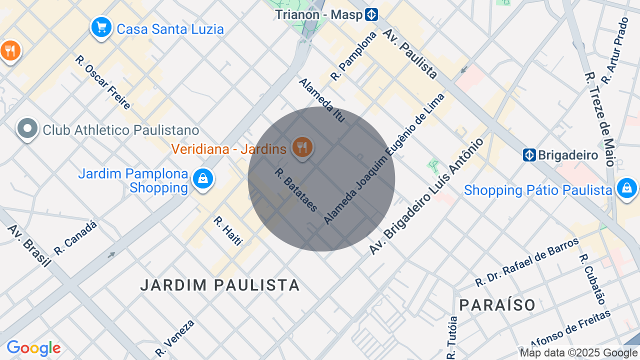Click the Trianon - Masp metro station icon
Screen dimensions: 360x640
click(371, 14)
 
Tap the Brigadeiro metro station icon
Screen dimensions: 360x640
click(529, 155)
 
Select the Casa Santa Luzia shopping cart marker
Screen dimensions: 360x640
click(101, 27)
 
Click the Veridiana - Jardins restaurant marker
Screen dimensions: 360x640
click(302, 147)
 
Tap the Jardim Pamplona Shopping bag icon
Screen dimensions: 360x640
click(203, 178)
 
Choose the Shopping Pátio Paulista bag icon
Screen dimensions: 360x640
click(627, 188)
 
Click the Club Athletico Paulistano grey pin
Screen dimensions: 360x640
click(27, 129)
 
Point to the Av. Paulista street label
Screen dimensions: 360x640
click(410, 53)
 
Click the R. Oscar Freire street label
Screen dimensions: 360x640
click(103, 82)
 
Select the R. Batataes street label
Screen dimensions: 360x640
click(296, 189)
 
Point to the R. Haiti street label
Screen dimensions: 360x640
click(228, 231)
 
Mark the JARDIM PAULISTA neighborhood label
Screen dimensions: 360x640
click(220, 285)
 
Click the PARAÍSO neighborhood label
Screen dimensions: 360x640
click(497, 304)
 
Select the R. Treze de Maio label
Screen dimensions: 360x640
click(599, 119)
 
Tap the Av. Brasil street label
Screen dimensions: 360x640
click(29, 245)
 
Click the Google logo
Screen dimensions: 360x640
click(33, 348)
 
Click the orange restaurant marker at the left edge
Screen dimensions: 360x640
click(9, 50)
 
